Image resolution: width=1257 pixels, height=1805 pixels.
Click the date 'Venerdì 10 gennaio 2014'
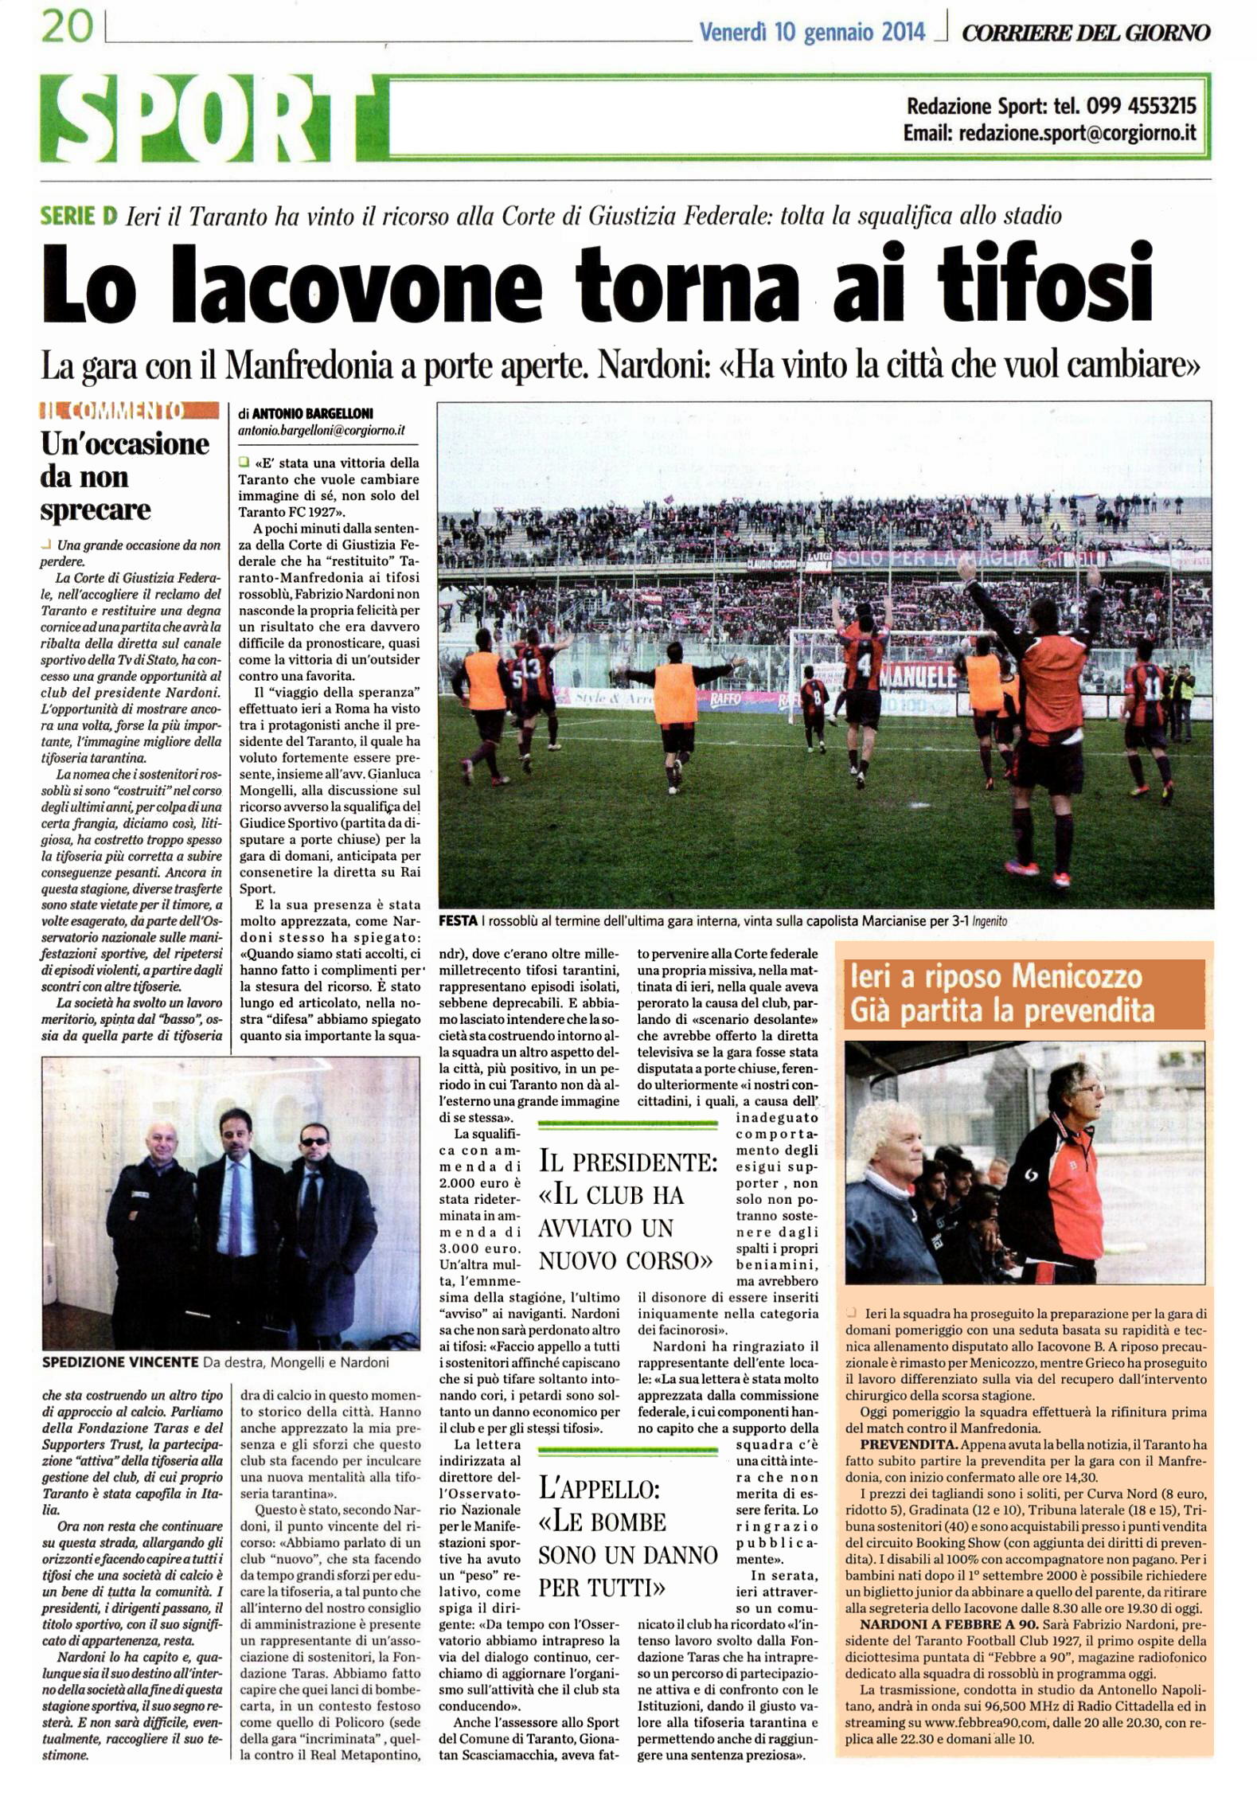811,33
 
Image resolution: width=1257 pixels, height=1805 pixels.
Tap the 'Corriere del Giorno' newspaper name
1086,33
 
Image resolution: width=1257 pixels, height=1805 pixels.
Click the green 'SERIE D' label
79,215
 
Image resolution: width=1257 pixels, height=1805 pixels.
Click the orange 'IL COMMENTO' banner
129,411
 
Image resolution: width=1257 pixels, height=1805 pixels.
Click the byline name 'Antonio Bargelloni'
312,414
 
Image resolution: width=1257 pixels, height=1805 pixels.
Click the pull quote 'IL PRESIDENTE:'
628,1162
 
